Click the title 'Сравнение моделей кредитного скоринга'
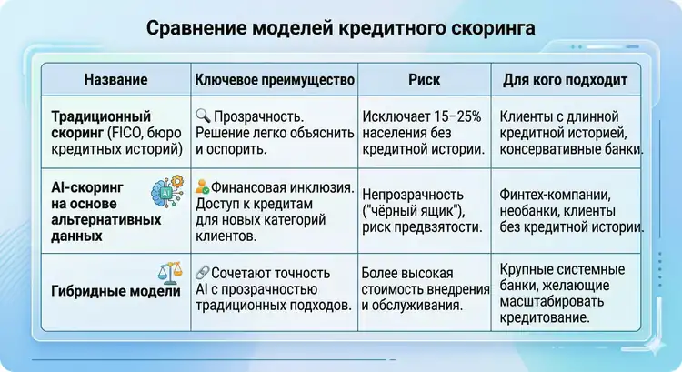[341, 29]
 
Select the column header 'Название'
[115, 80]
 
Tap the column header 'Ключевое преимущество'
[275, 80]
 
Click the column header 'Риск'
[424, 80]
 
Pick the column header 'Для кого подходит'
[565, 80]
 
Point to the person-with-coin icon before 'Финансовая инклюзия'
[203, 187]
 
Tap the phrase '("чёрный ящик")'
[415, 211]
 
